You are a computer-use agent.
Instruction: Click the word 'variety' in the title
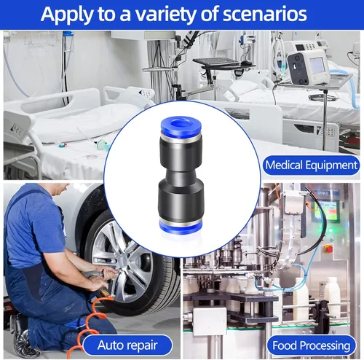pos(165,15)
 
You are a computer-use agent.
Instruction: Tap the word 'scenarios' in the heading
pos(265,14)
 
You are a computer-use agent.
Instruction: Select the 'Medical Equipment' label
pos(312,165)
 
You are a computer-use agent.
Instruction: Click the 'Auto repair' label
pos(127,345)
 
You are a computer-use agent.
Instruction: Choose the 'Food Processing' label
pos(312,345)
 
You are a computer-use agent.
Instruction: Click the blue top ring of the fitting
pos(181,125)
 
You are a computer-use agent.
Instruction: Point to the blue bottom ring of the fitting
pos(181,227)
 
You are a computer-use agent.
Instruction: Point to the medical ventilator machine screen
pos(317,66)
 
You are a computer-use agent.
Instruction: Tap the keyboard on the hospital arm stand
pos(216,62)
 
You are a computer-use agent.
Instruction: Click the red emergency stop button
pos(328,249)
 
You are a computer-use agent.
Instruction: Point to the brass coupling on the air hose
pos(104,290)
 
